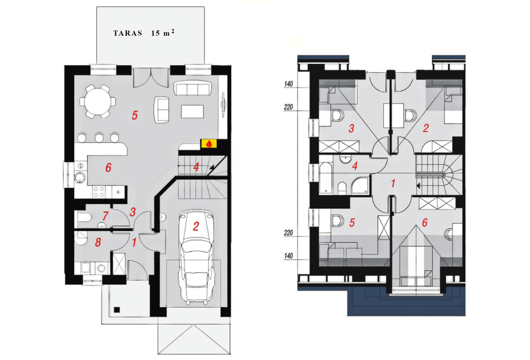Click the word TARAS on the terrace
click(128, 33)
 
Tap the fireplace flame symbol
click(209, 143)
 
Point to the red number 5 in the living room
click(135, 115)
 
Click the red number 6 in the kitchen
click(108, 168)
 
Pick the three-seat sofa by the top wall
click(193, 88)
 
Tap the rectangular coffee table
click(193, 111)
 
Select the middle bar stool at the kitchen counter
click(99, 138)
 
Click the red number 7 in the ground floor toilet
click(106, 216)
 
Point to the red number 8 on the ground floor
click(98, 242)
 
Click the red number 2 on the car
click(196, 226)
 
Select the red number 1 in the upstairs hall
click(393, 184)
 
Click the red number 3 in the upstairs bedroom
click(351, 128)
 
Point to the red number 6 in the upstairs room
click(424, 222)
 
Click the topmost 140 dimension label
click(288, 84)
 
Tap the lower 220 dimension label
click(288, 233)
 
